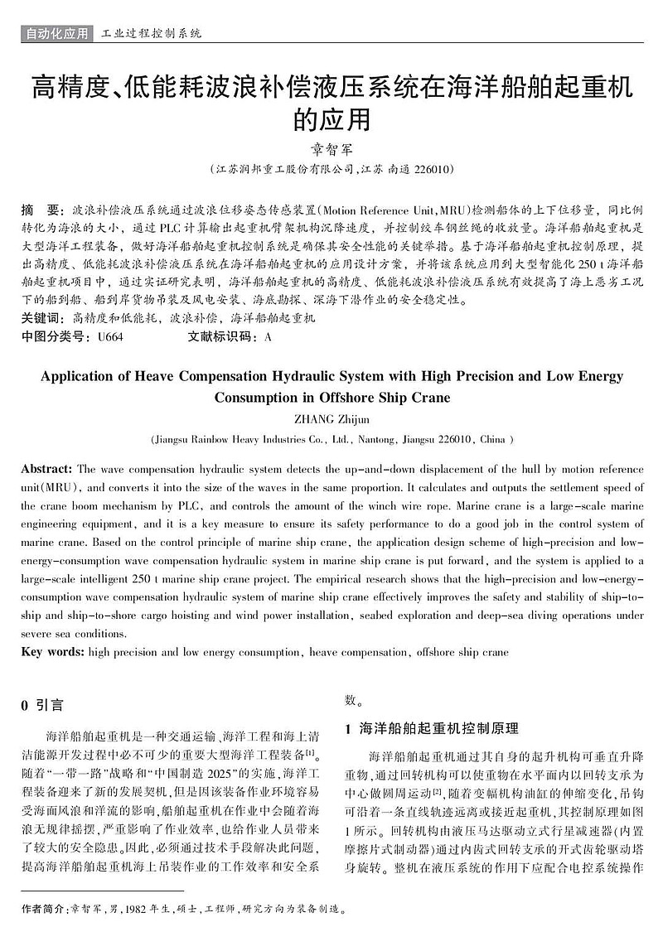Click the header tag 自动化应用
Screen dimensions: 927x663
click(x=56, y=34)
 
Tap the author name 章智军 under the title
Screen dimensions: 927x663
click(x=331, y=150)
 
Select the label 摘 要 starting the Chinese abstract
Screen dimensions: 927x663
click(x=41, y=209)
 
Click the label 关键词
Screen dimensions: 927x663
click(x=41, y=318)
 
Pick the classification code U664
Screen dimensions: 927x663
click(x=110, y=337)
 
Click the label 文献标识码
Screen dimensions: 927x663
click(x=218, y=337)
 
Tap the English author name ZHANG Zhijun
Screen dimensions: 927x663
click(x=331, y=419)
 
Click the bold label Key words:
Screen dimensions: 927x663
click(x=52, y=652)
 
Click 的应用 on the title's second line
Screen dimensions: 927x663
click(x=331, y=119)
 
